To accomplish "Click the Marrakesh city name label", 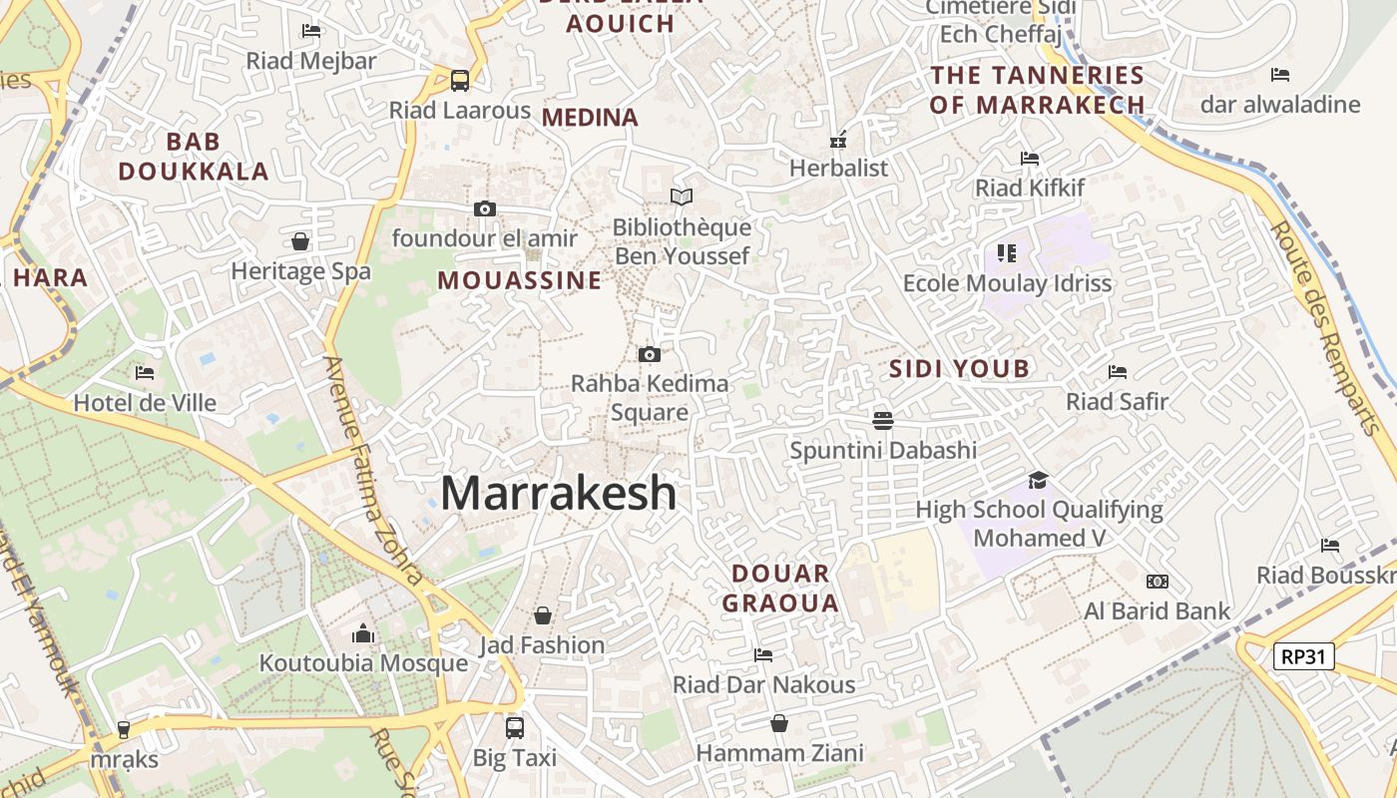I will [559, 493].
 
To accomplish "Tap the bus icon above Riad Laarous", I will [459, 80].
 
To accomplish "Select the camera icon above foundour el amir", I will [485, 208].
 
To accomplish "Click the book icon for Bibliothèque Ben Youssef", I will [682, 198].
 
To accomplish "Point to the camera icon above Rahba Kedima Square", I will [650, 354].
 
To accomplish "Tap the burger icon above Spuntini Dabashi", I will [883, 420].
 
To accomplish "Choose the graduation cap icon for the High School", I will [1039, 480].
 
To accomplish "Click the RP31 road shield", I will [1304, 656].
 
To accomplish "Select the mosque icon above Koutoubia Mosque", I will [363, 633].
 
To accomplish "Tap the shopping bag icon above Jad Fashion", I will [543, 615].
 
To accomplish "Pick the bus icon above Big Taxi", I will [514, 727].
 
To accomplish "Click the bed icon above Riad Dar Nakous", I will [763, 655].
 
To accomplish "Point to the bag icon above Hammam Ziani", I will [779, 723].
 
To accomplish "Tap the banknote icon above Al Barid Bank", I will [1158, 582].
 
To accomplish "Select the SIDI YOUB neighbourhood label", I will [959, 369].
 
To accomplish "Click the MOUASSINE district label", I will [520, 280].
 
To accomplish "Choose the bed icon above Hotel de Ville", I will [145, 373].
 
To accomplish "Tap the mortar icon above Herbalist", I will [838, 139].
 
